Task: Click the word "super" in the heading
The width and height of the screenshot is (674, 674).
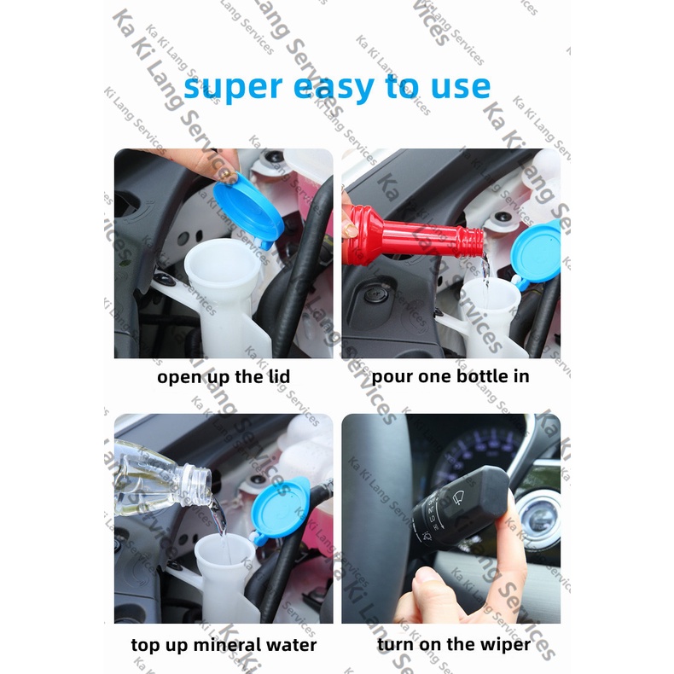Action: (233, 88)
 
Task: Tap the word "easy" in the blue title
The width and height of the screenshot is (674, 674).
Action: (334, 88)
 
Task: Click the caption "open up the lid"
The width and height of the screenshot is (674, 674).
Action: (224, 377)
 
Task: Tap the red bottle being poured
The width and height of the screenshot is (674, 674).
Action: (413, 235)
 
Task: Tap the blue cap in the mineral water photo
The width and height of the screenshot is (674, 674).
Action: (280, 509)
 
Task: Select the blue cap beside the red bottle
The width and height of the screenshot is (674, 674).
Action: (537, 253)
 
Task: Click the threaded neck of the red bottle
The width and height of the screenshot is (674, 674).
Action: (471, 242)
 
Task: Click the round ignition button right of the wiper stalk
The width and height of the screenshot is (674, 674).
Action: (539, 518)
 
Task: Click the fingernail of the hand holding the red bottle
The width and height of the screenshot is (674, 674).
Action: (351, 230)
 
